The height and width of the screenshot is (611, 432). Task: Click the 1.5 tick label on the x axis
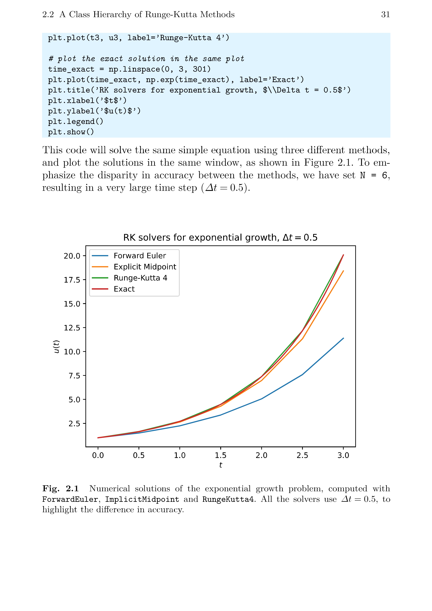pos(220,455)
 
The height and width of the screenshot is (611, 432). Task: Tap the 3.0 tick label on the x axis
pos(343,455)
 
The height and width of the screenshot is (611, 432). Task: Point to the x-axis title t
pos(220,465)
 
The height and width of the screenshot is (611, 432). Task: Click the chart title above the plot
pos(220,237)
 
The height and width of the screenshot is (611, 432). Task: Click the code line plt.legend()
pos(75,122)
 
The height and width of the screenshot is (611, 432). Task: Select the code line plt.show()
pos(71,132)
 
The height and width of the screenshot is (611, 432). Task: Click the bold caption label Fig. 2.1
pos(61,489)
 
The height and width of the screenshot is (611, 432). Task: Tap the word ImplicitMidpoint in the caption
pos(142,499)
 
